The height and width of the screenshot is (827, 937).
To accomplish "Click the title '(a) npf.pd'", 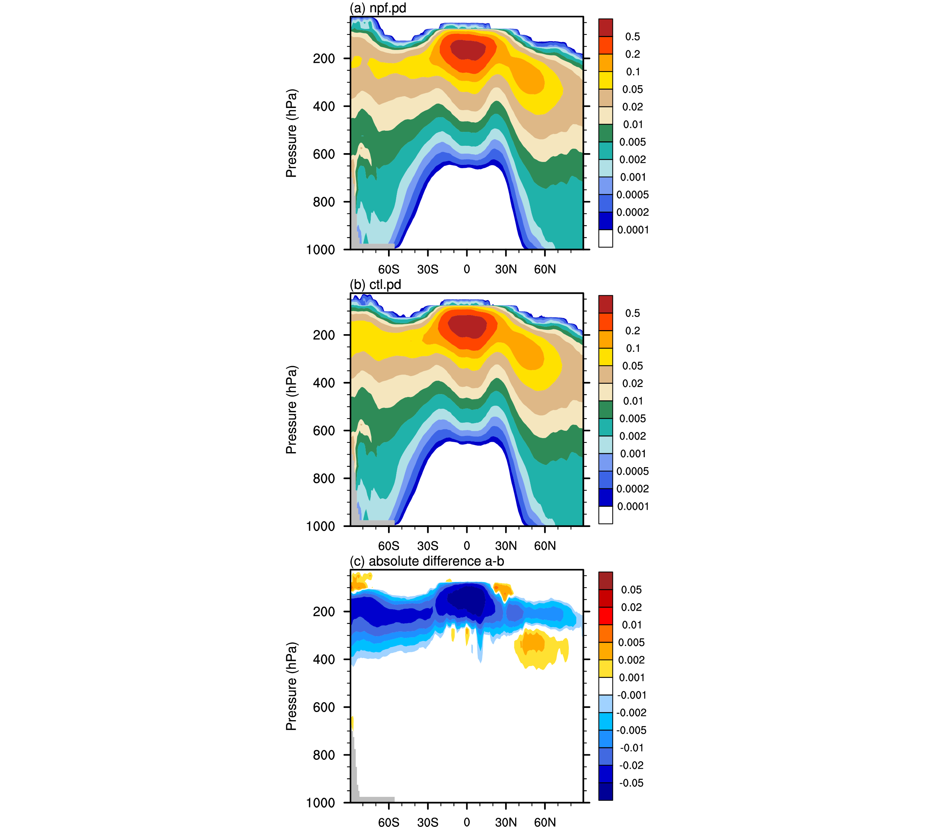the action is click(x=378, y=8).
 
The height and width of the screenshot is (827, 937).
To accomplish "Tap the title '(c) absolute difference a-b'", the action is click(x=427, y=561).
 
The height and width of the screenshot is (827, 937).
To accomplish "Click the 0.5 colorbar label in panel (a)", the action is click(x=633, y=37).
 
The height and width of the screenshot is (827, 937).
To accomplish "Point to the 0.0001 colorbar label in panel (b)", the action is click(x=633, y=506).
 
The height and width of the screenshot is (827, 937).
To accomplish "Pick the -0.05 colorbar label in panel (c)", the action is click(x=631, y=783).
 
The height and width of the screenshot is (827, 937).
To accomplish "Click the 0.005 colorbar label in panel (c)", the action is click(x=631, y=642).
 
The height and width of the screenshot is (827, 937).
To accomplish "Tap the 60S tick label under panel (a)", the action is click(x=389, y=270).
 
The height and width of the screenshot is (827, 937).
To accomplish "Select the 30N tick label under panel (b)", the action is click(x=506, y=546).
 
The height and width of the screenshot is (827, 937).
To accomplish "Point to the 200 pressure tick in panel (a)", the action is click(x=324, y=59).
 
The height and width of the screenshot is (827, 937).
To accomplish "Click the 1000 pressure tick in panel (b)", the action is click(x=321, y=527).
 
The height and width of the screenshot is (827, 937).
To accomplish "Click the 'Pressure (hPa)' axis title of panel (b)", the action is click(x=291, y=409).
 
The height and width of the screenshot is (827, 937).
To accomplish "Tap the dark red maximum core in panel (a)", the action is click(x=468, y=50).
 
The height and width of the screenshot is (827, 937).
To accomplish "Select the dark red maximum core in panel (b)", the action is click(x=467, y=326).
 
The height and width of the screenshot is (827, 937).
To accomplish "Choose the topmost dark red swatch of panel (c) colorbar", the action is click(x=606, y=581).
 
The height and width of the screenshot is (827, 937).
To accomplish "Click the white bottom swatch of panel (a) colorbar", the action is click(x=606, y=238).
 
